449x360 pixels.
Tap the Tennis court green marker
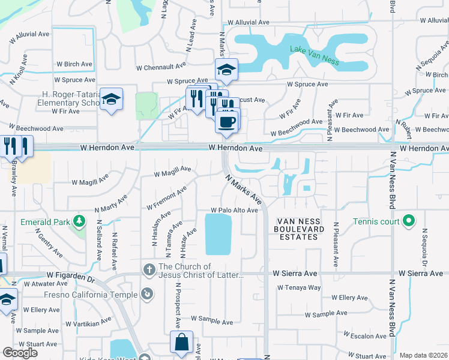tap(408, 221)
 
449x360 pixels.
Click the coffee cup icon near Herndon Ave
tap(227, 122)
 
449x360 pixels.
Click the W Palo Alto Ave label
tap(234, 211)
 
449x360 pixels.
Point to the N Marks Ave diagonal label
tap(244, 188)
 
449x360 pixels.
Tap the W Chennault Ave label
tap(163, 68)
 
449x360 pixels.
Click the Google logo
tap(20, 353)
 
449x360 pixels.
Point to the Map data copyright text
tap(423, 355)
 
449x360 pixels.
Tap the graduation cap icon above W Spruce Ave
tap(227, 70)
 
